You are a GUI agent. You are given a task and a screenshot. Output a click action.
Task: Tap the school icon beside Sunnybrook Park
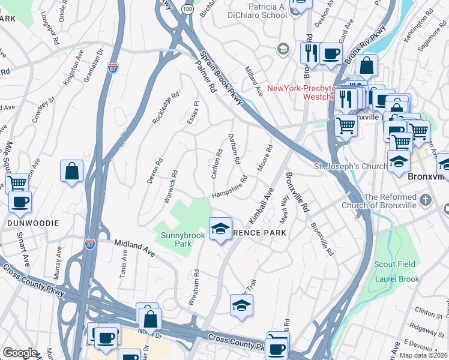pyautogui.click(x=220, y=228)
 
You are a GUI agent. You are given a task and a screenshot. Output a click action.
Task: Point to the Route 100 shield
pyautogui.click(x=187, y=10)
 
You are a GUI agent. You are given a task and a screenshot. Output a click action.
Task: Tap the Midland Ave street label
pyautogui.click(x=134, y=248)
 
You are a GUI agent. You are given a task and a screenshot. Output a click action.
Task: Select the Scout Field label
pyautogui.click(x=394, y=264)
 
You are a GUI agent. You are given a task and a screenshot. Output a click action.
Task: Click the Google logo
pyautogui.click(x=20, y=353)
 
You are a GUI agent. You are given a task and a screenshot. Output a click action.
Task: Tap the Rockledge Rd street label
pyautogui.click(x=166, y=107)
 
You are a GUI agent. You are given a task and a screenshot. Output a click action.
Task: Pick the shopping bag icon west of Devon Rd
pyautogui.click(x=71, y=170)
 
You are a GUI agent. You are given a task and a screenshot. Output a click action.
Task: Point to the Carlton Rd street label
pyautogui.click(x=217, y=159)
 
